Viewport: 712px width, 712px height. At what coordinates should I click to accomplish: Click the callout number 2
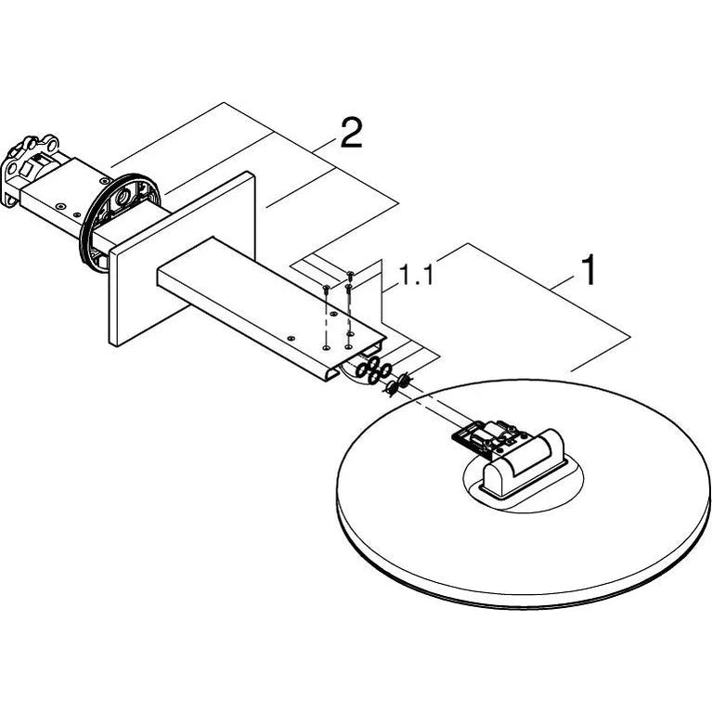pyautogui.click(x=352, y=133)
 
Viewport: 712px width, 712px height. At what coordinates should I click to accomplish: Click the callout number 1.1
pyautogui.click(x=416, y=275)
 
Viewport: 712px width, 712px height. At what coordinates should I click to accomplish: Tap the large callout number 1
pyautogui.click(x=589, y=270)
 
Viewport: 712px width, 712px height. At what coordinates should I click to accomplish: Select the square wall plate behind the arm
pyautogui.click(x=182, y=259)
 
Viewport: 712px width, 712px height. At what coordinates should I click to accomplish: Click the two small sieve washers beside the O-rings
pyautogui.click(x=397, y=382)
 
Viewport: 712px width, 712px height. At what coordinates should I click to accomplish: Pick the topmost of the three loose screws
pyautogui.click(x=350, y=274)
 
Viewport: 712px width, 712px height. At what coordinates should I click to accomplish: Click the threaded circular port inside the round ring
pyautogui.click(x=123, y=198)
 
